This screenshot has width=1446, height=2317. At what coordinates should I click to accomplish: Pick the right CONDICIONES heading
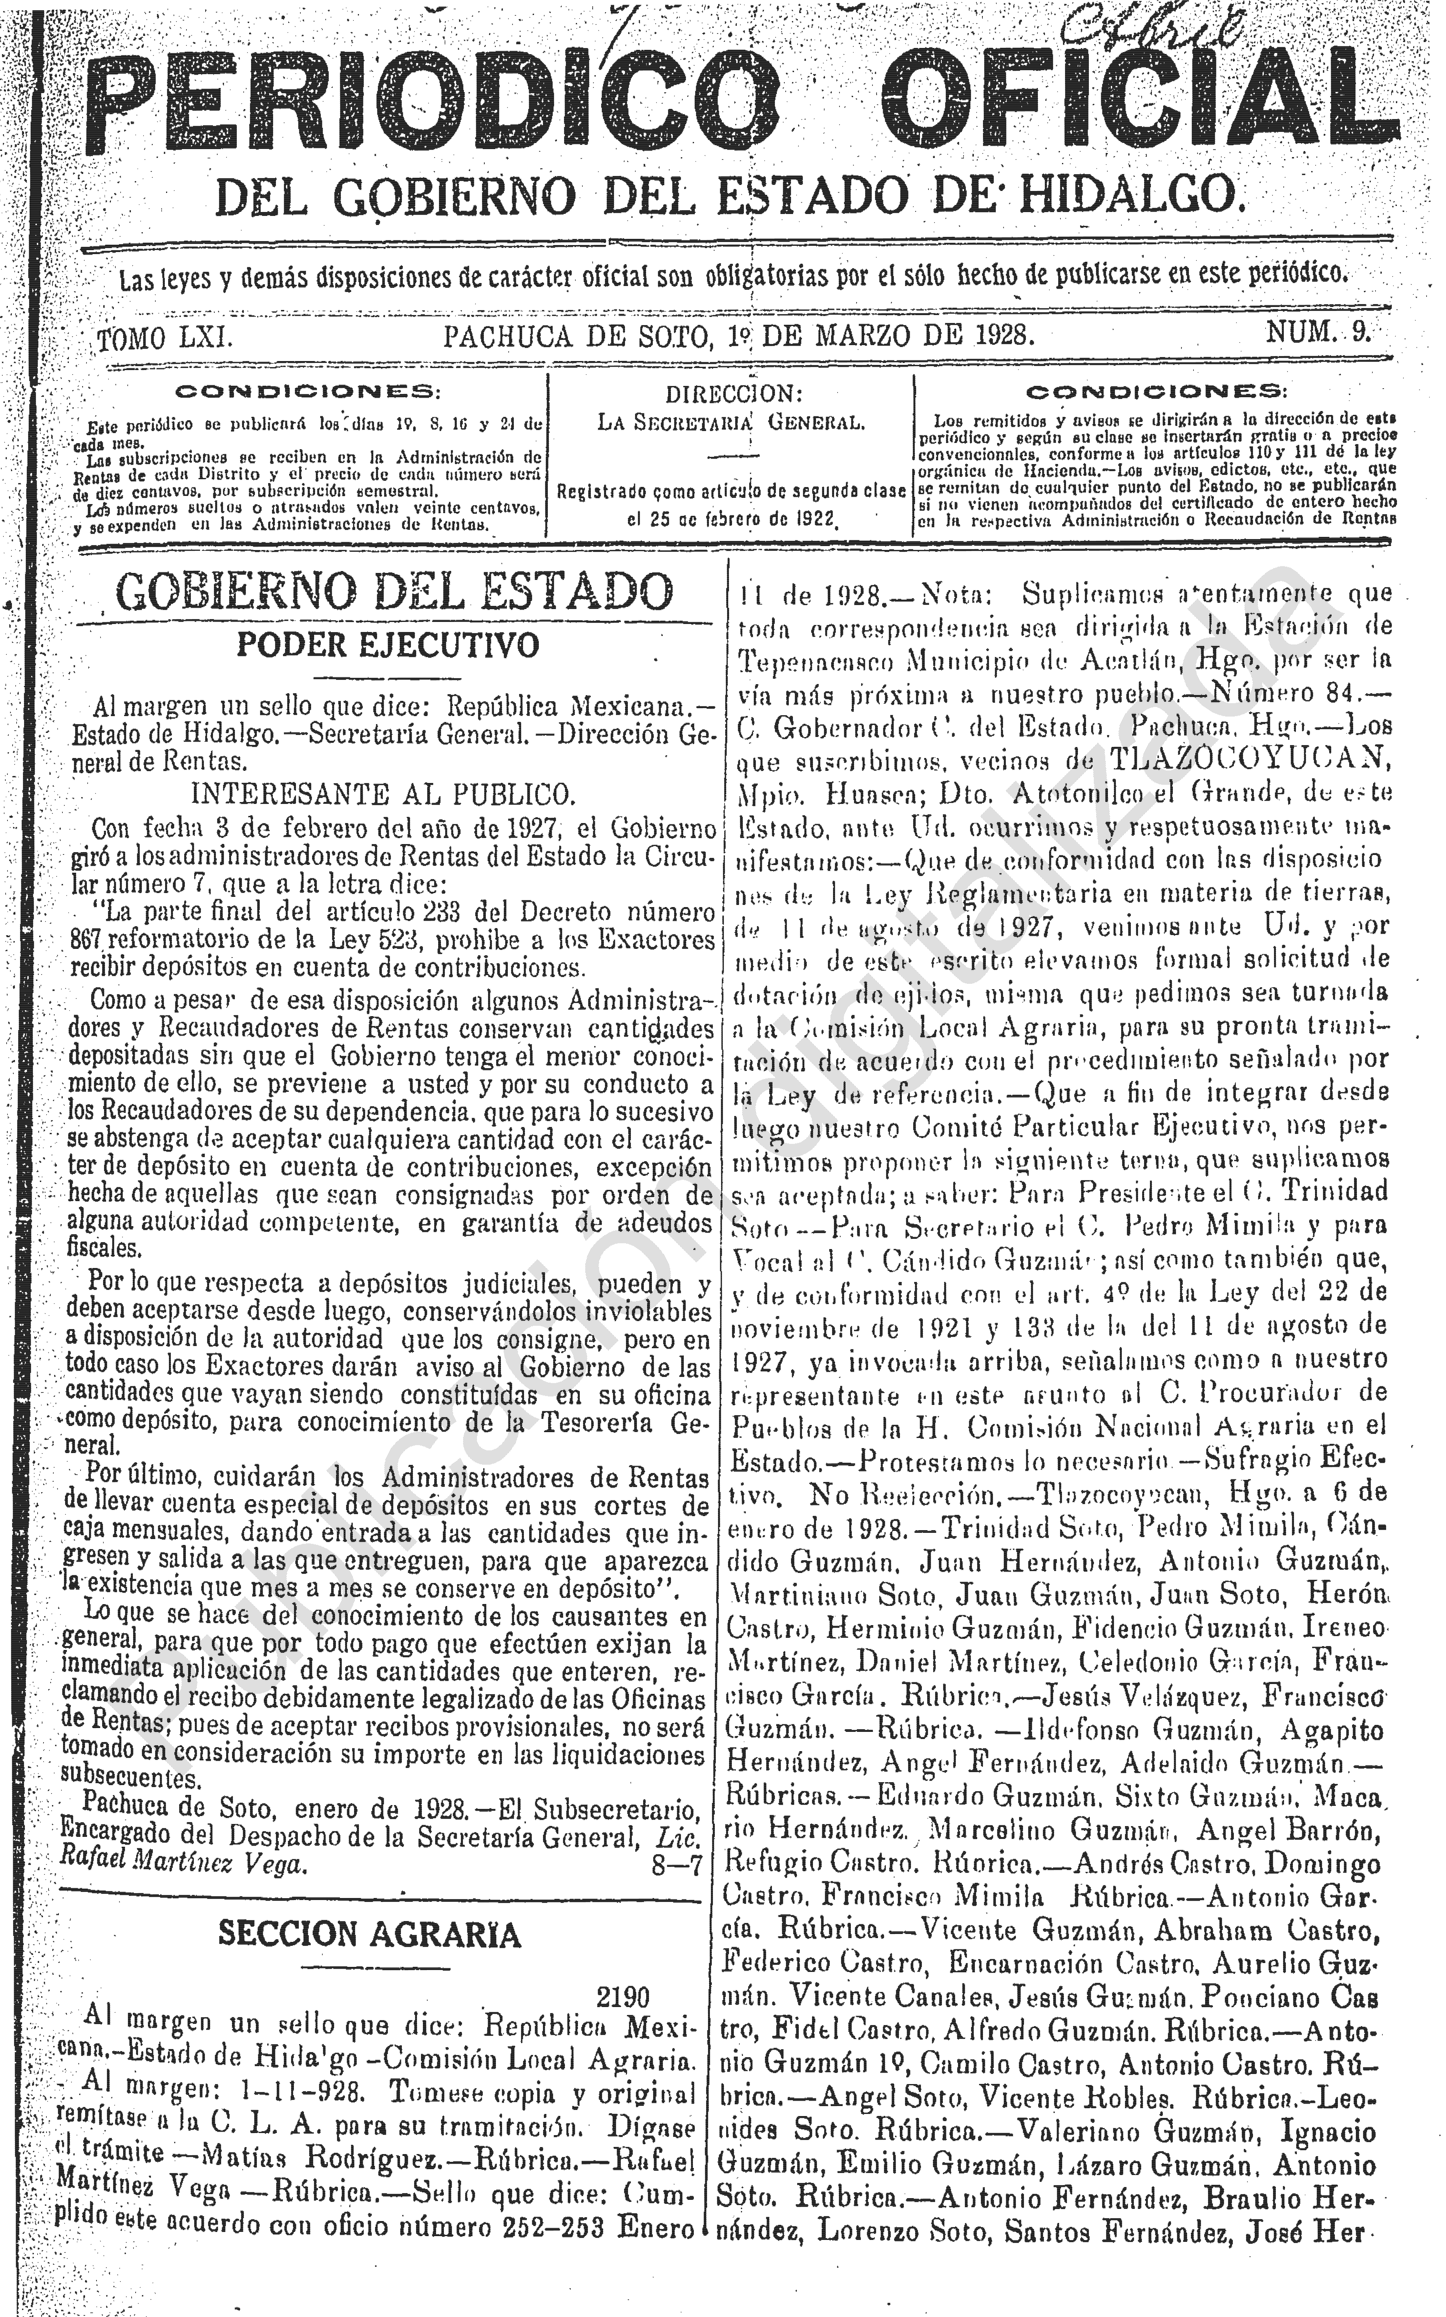coord(1155,391)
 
